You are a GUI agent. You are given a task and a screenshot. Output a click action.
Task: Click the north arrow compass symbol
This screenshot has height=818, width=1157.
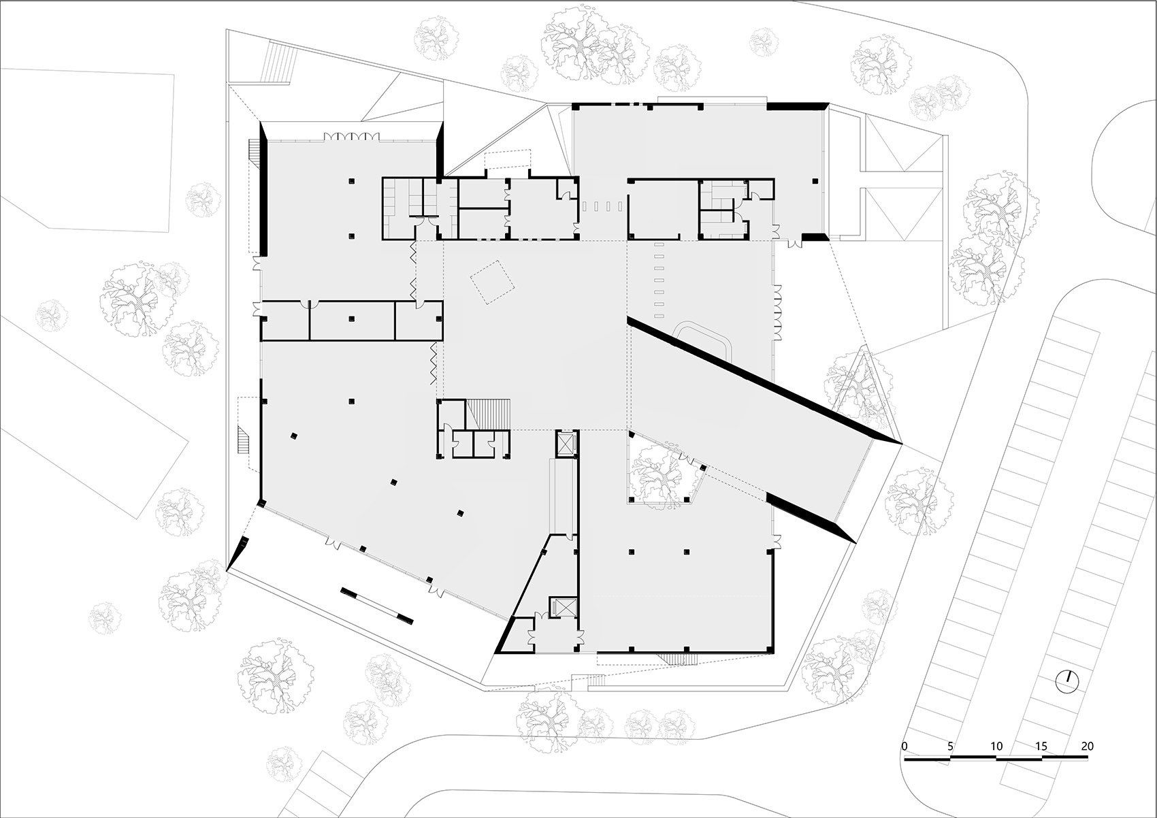pos(1067,681)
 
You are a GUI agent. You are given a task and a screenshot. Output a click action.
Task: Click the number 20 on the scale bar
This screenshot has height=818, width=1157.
pos(1087,746)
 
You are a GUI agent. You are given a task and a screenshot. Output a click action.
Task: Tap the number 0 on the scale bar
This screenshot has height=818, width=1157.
pos(904,746)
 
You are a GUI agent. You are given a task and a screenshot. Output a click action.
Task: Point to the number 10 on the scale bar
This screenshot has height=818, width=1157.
pos(996,746)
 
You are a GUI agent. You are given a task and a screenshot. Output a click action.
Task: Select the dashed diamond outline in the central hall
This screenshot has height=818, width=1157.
pos(493,281)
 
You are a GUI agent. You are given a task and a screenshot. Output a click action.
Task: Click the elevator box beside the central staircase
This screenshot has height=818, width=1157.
pos(566,443)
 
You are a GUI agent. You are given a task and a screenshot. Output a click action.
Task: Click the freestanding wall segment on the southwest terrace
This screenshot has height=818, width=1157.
pos(377,604)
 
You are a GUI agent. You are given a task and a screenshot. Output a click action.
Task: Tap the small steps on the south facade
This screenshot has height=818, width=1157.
pos(676,658)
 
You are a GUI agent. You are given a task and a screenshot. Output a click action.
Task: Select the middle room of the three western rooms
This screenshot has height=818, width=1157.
pos(352,320)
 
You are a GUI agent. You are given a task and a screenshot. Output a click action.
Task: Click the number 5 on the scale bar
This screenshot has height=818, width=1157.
pos(949,746)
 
